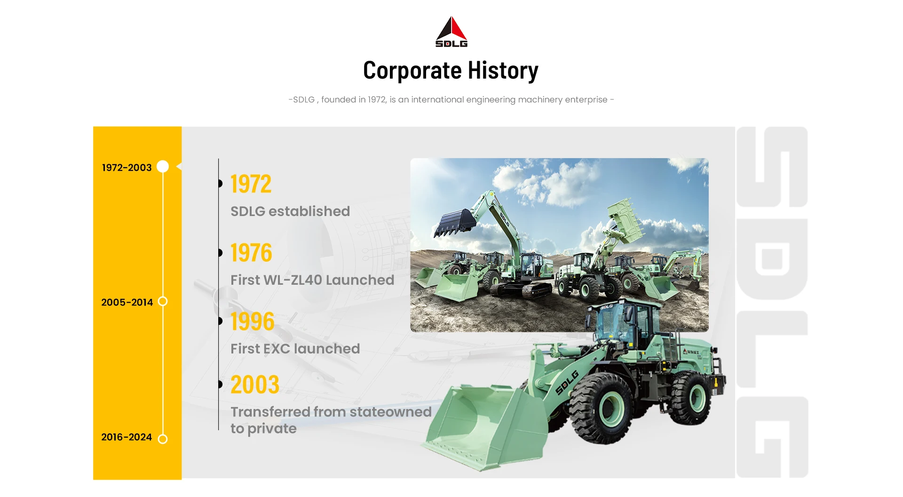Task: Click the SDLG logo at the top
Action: [x=451, y=32]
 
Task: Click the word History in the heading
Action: [x=503, y=71]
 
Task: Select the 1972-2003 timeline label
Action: [x=127, y=168]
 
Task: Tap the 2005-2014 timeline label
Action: [x=127, y=302]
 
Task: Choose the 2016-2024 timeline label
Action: [x=127, y=437]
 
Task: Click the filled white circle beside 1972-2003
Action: [x=163, y=167]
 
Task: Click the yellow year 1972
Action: [x=251, y=184]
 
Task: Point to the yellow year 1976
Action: [x=251, y=253]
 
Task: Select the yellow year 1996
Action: [x=253, y=321]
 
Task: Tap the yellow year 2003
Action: [x=255, y=385]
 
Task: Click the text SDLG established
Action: [x=290, y=211]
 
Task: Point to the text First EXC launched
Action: [x=295, y=349]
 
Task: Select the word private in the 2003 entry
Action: [x=272, y=429]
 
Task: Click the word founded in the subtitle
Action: [x=339, y=100]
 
